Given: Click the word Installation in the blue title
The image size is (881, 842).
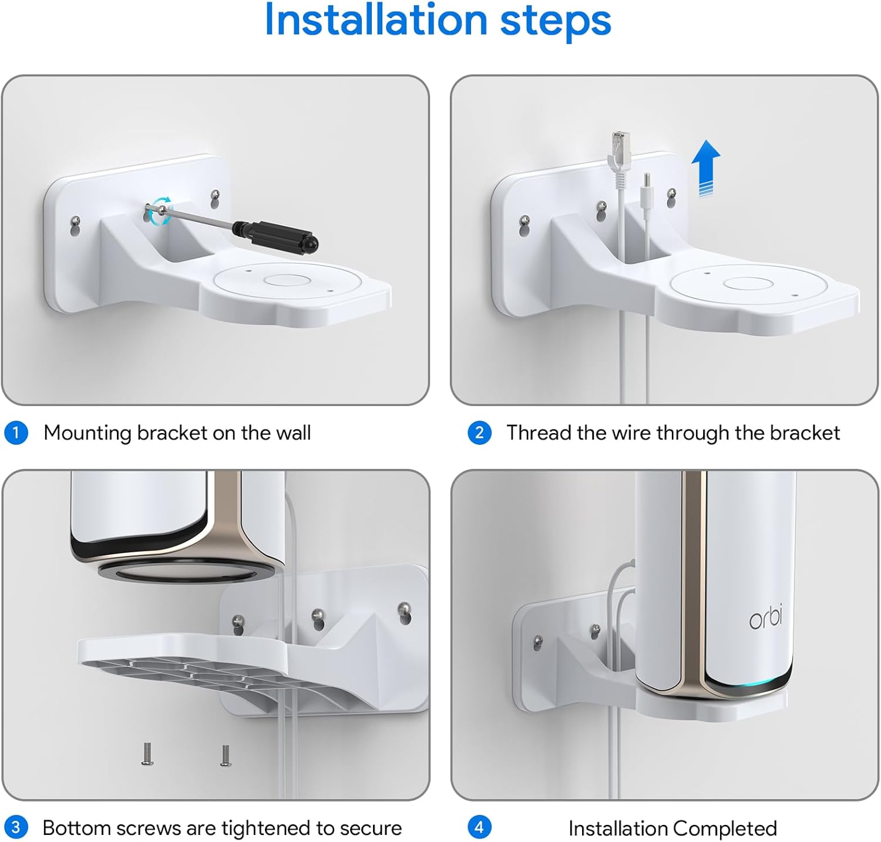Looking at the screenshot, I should click(x=376, y=21).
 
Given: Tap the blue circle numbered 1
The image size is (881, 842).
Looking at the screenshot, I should click(x=16, y=433).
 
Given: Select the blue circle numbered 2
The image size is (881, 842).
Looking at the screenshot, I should click(x=479, y=433).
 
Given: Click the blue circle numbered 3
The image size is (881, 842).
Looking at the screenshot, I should click(x=16, y=828).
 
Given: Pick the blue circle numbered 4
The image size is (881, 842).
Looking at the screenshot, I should click(x=479, y=828).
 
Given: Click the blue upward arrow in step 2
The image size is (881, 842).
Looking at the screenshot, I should click(x=705, y=167).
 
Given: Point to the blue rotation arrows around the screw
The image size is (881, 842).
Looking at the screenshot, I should click(x=160, y=210).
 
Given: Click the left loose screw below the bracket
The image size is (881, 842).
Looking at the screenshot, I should click(x=147, y=754).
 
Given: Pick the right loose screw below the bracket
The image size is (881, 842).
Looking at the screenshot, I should click(x=224, y=754).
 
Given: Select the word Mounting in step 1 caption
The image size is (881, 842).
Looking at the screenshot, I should click(x=88, y=433).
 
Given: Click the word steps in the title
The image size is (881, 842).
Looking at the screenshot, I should click(x=555, y=21).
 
